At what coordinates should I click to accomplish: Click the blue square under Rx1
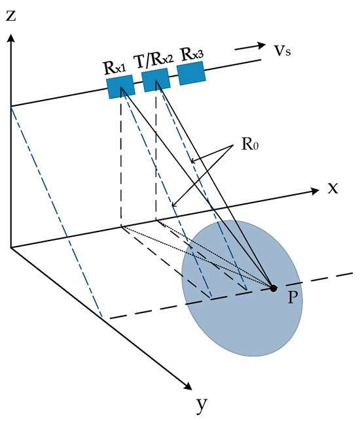pos(121,86)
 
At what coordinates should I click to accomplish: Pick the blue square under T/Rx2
pos(156,80)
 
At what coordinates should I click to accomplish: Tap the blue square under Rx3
pos(191,73)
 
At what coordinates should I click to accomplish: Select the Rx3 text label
pos(191,53)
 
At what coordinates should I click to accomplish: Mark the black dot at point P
pos(274,288)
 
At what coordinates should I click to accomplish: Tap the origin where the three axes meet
pos(11,247)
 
